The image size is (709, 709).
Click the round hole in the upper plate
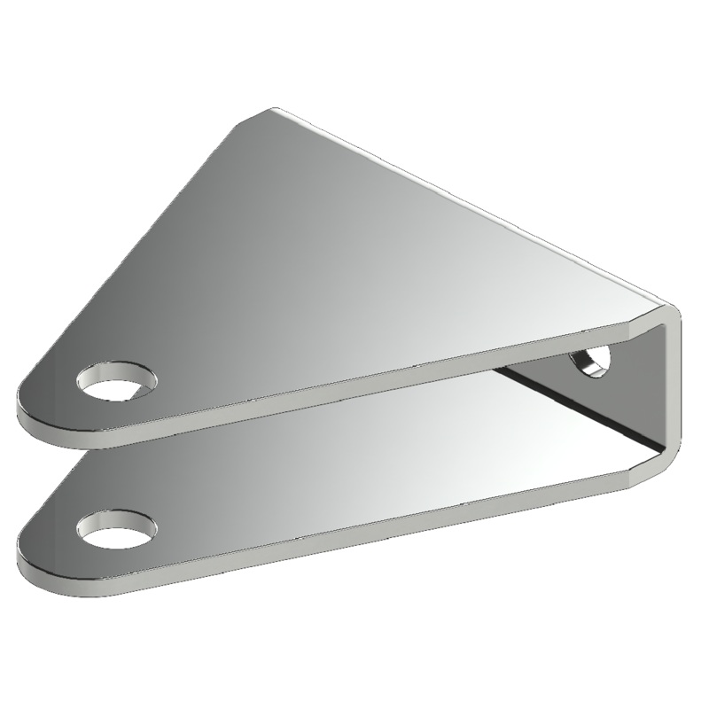click(116, 379)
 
